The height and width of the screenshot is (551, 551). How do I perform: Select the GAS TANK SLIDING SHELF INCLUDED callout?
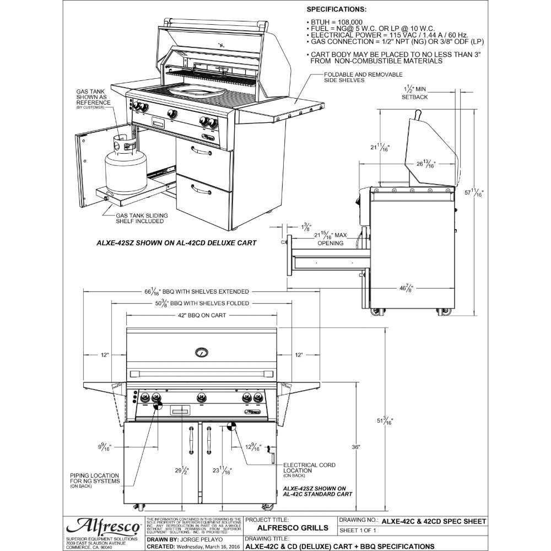point(139,218)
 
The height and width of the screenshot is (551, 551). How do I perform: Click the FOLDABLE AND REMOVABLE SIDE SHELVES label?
point(363,77)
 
